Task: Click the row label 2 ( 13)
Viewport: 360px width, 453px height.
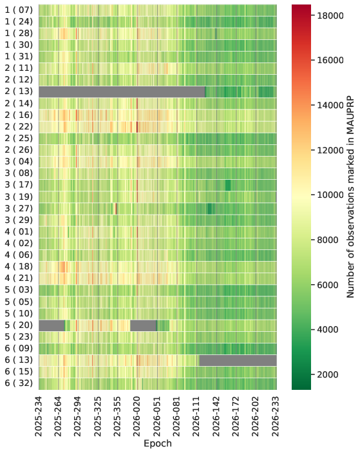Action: point(19,92)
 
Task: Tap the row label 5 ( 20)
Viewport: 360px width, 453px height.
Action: point(19,325)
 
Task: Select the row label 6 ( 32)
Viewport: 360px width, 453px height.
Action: point(19,383)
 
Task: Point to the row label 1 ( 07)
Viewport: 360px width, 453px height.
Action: point(19,10)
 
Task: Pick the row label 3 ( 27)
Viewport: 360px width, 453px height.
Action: point(19,208)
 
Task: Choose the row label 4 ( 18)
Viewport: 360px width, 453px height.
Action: point(19,266)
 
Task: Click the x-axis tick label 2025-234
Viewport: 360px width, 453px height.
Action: point(39,417)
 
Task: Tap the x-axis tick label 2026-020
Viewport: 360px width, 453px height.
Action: point(137,417)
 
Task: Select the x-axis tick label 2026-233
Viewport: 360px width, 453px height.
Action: point(276,417)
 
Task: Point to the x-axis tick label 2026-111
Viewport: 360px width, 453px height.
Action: point(196,417)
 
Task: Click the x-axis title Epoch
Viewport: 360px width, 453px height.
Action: point(158,443)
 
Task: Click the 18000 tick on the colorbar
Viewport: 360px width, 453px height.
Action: point(330,15)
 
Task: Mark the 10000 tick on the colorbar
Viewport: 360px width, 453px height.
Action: point(330,195)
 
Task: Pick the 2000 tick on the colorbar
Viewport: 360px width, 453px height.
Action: point(328,374)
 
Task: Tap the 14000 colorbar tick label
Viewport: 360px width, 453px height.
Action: point(330,105)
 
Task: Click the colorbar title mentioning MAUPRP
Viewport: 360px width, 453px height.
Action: point(350,197)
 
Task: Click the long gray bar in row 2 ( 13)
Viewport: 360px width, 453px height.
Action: point(122,92)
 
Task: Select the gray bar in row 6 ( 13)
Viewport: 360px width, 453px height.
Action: point(238,361)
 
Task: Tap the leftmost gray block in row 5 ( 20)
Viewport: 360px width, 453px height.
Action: point(52,325)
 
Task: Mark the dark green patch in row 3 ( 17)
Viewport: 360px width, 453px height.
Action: point(228,185)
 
